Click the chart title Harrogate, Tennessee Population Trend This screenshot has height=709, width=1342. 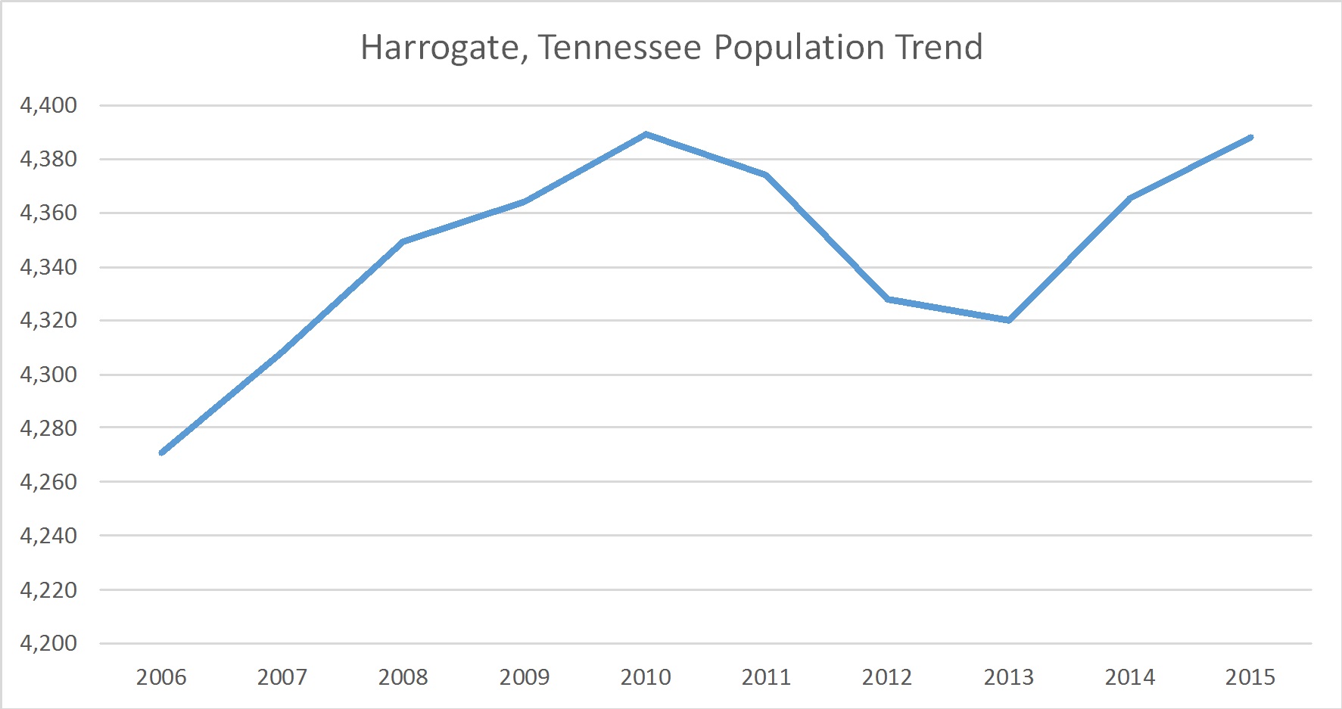[x=671, y=48]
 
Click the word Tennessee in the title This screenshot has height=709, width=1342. [x=620, y=48]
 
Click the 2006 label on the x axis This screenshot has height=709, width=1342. [x=161, y=677]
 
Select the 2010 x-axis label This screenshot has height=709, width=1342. [x=646, y=677]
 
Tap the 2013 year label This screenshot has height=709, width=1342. [x=1009, y=677]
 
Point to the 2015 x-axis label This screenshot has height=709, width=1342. [x=1250, y=677]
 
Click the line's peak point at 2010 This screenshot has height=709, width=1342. [x=646, y=135]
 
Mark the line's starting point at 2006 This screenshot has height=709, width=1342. [x=162, y=452]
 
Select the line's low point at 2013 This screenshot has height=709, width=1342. [x=1009, y=320]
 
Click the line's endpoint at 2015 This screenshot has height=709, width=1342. [x=1250, y=138]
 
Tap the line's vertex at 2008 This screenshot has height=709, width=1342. [x=403, y=241]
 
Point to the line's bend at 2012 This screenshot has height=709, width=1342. [x=888, y=300]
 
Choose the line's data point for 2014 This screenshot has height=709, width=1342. [x=1130, y=198]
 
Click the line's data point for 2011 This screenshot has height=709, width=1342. [x=767, y=175]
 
